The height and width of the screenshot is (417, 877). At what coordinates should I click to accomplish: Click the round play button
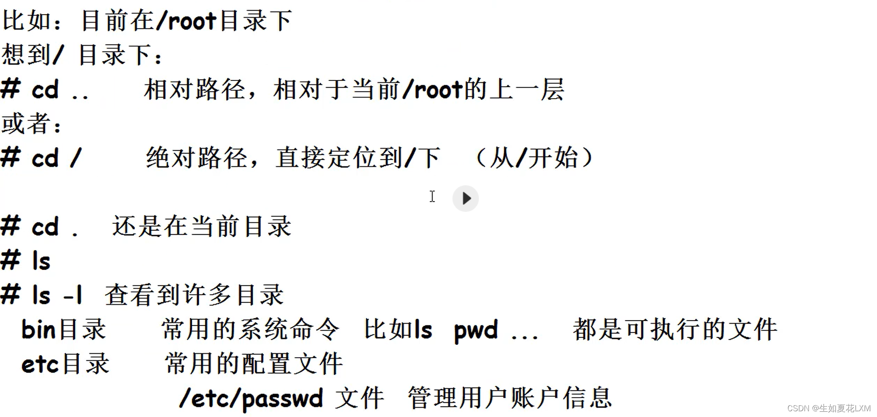pos(465,199)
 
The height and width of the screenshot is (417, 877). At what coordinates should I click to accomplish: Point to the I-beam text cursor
pos(432,196)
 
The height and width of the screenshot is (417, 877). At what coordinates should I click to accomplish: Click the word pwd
pos(476,330)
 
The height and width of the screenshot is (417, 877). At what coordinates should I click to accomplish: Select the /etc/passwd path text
pos(251,398)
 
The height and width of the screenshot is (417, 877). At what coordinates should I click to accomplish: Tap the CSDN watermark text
pos(828,408)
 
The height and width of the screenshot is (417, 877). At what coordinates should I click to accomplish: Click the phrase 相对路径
pos(195,90)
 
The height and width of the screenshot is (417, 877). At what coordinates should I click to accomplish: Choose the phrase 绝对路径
pos(197,158)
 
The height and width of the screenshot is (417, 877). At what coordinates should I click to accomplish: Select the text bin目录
pos(64,330)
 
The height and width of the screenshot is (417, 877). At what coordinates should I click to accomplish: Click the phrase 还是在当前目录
pos(201,226)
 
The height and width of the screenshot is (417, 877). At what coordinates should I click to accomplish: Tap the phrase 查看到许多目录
pos(194,295)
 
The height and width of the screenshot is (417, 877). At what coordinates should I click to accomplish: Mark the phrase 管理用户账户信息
pos(509,398)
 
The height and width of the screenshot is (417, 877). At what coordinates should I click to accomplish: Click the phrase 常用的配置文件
pos(254,364)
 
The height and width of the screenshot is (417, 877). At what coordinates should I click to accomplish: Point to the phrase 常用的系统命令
pos(250,330)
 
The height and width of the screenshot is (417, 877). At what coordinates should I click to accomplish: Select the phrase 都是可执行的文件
pos(675,330)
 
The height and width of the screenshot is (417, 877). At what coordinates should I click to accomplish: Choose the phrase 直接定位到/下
pos(358,158)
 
